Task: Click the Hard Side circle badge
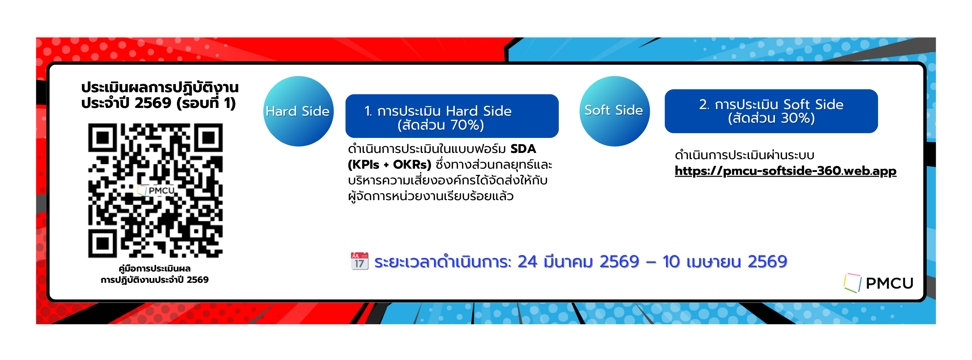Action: tap(298, 111)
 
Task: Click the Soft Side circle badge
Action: tap(614, 111)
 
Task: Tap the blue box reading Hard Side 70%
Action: tap(452, 116)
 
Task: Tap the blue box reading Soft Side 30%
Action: tap(771, 111)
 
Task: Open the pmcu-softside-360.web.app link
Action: tap(785, 171)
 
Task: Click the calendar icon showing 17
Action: tap(359, 261)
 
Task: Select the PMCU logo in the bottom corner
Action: tap(878, 283)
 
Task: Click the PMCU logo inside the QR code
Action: tap(156, 190)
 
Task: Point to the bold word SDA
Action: tap(523, 149)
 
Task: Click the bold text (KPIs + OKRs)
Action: tap(389, 165)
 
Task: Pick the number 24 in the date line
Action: tap(527, 262)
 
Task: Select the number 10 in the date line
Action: tap(671, 262)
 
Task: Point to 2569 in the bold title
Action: tap(153, 103)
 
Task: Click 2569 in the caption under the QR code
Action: tap(197, 280)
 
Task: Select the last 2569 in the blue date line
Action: tap(767, 262)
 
